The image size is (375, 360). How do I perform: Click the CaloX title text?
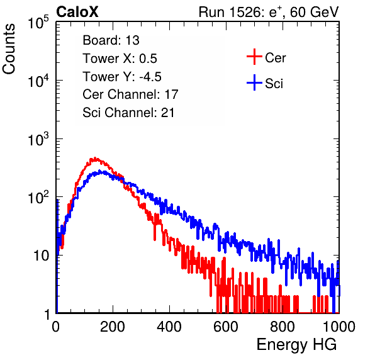click(x=77, y=11)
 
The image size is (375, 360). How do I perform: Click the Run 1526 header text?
click(x=269, y=12)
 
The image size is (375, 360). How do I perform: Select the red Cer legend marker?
click(x=254, y=57)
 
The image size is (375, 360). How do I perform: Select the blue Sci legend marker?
click(x=254, y=82)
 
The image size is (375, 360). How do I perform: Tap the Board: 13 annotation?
click(x=111, y=40)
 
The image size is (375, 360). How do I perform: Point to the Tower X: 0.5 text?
click(x=120, y=59)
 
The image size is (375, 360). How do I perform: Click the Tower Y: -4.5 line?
click(x=122, y=77)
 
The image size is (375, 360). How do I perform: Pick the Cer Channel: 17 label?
click(x=131, y=94)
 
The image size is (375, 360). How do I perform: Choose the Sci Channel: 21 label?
click(x=128, y=113)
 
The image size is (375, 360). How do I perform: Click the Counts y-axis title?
click(x=9, y=49)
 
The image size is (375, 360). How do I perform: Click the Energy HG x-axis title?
click(x=296, y=345)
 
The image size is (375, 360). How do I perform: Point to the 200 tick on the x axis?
click(x=113, y=327)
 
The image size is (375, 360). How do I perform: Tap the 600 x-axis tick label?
click(x=226, y=327)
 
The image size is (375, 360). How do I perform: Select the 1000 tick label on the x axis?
click(x=339, y=327)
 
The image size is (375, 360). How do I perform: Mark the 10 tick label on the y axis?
click(x=41, y=256)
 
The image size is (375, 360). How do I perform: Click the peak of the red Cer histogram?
click(x=95, y=159)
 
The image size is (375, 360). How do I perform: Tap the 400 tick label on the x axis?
click(x=169, y=327)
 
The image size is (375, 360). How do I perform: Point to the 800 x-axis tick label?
click(x=283, y=327)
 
